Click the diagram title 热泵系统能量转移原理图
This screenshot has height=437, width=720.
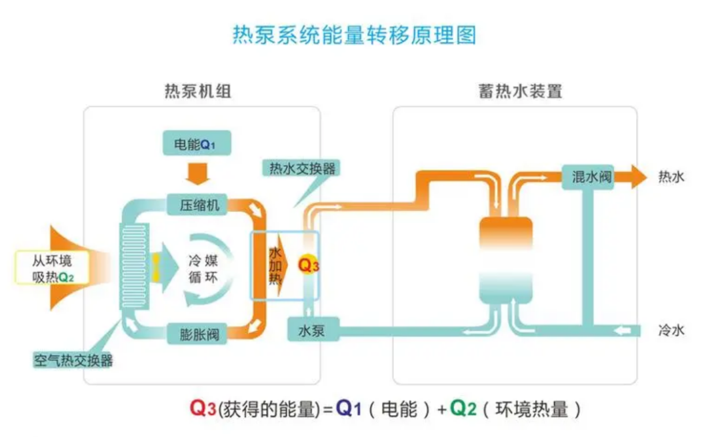(354, 34)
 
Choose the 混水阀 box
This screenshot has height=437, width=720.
(587, 177)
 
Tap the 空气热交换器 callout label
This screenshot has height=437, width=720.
(73, 361)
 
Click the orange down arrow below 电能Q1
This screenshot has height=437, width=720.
(197, 173)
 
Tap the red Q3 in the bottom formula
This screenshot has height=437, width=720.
(203, 408)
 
